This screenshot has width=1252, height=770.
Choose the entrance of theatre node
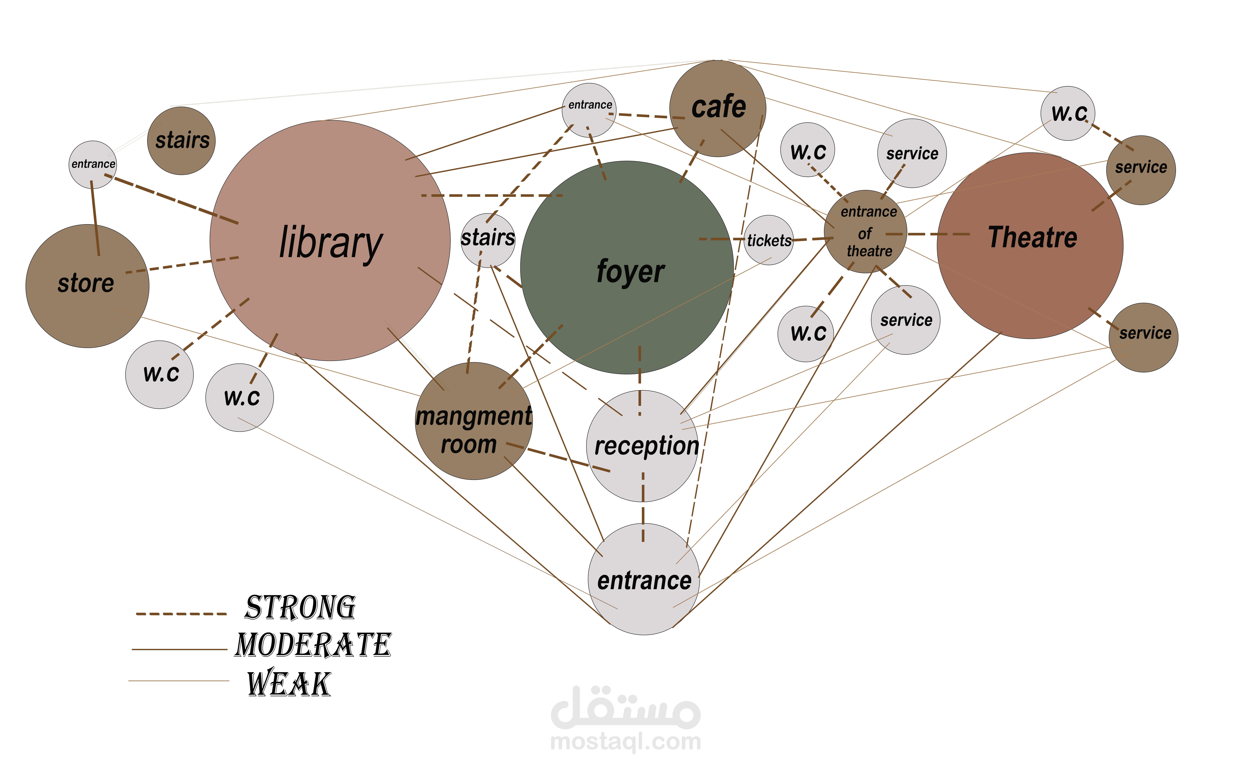[866, 232]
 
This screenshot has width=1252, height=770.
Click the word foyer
[630, 271]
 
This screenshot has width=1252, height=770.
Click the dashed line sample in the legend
[181, 614]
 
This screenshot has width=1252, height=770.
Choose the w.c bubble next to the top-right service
[1068, 113]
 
